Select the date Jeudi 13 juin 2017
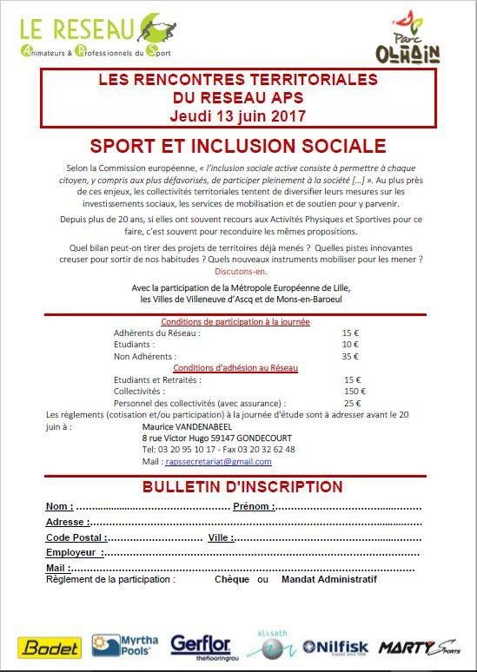pos(238,115)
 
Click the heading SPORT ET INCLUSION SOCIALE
pos(238,143)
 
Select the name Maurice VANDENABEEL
pos(189,426)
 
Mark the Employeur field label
pos(74,552)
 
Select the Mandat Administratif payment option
pos(329,579)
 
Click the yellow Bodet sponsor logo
pos(50,647)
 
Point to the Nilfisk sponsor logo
pos(336,647)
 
